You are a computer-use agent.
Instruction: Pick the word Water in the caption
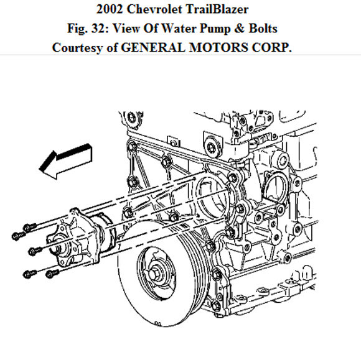coord(194,29)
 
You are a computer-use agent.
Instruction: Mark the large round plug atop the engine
coord(215,147)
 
